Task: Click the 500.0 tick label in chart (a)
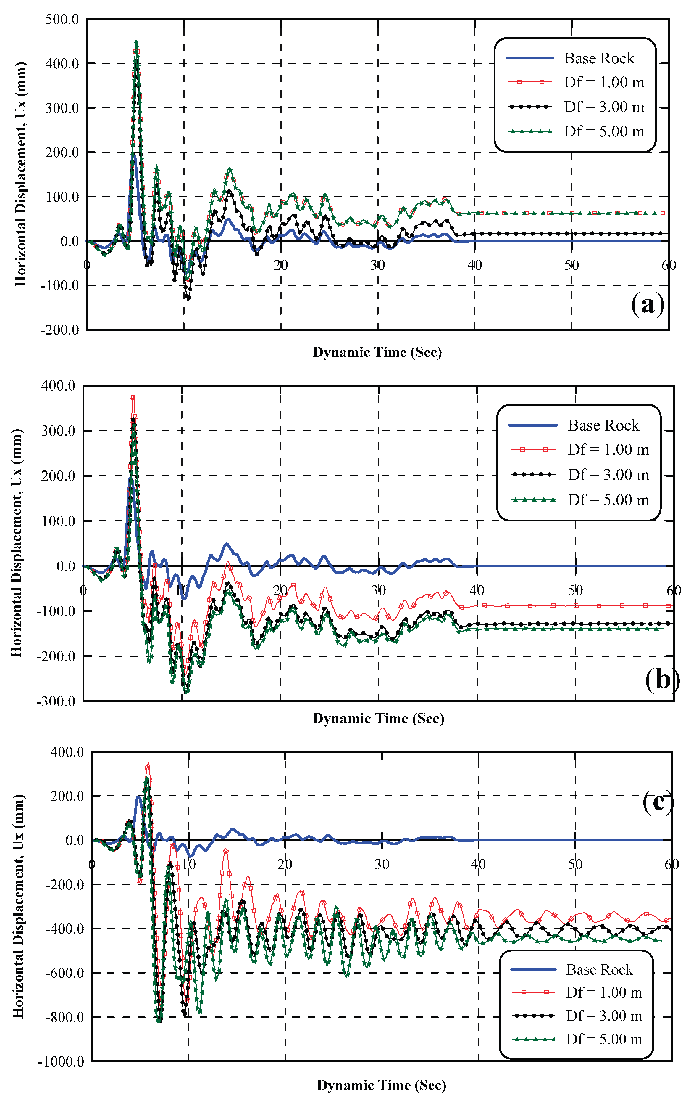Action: pos(62,20)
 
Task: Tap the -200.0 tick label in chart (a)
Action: pos(59,330)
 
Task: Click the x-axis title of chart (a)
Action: pos(377,352)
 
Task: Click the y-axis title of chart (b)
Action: pos(17,543)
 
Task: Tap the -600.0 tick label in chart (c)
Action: pos(64,973)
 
